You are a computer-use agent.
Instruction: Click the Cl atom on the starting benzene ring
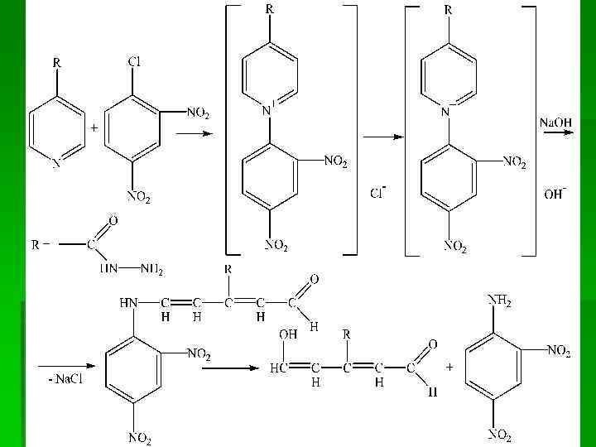(135, 62)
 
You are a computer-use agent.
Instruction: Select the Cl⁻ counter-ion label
(378, 194)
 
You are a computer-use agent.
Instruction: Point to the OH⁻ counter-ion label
(554, 195)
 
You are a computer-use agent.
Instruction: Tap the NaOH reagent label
(555, 122)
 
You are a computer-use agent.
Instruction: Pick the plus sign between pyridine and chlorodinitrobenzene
(95, 129)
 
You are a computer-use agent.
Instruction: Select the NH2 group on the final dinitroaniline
(500, 301)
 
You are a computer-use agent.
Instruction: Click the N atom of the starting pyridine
(56, 164)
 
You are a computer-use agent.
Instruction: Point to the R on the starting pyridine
(56, 62)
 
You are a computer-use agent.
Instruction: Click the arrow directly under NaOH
(555, 138)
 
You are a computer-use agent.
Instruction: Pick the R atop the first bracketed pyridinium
(270, 10)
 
